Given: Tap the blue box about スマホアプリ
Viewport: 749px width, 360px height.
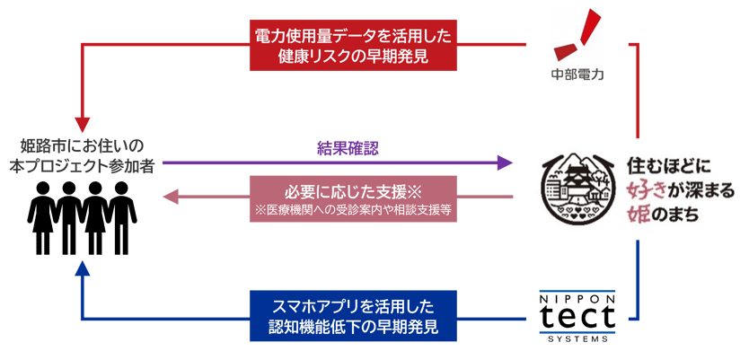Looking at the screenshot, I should (354, 315).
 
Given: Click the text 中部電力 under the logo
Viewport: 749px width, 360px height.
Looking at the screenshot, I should (577, 74).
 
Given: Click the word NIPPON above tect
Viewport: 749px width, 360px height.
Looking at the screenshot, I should (577, 293).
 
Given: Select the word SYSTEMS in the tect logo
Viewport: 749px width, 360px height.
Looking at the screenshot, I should (577, 338).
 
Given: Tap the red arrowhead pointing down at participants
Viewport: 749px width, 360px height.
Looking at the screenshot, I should (83, 122).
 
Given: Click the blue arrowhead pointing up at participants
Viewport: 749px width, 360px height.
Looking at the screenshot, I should (83, 268).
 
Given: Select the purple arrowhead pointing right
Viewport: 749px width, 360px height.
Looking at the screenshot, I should (503, 162).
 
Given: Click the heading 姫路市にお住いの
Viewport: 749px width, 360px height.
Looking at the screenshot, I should (83, 145).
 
